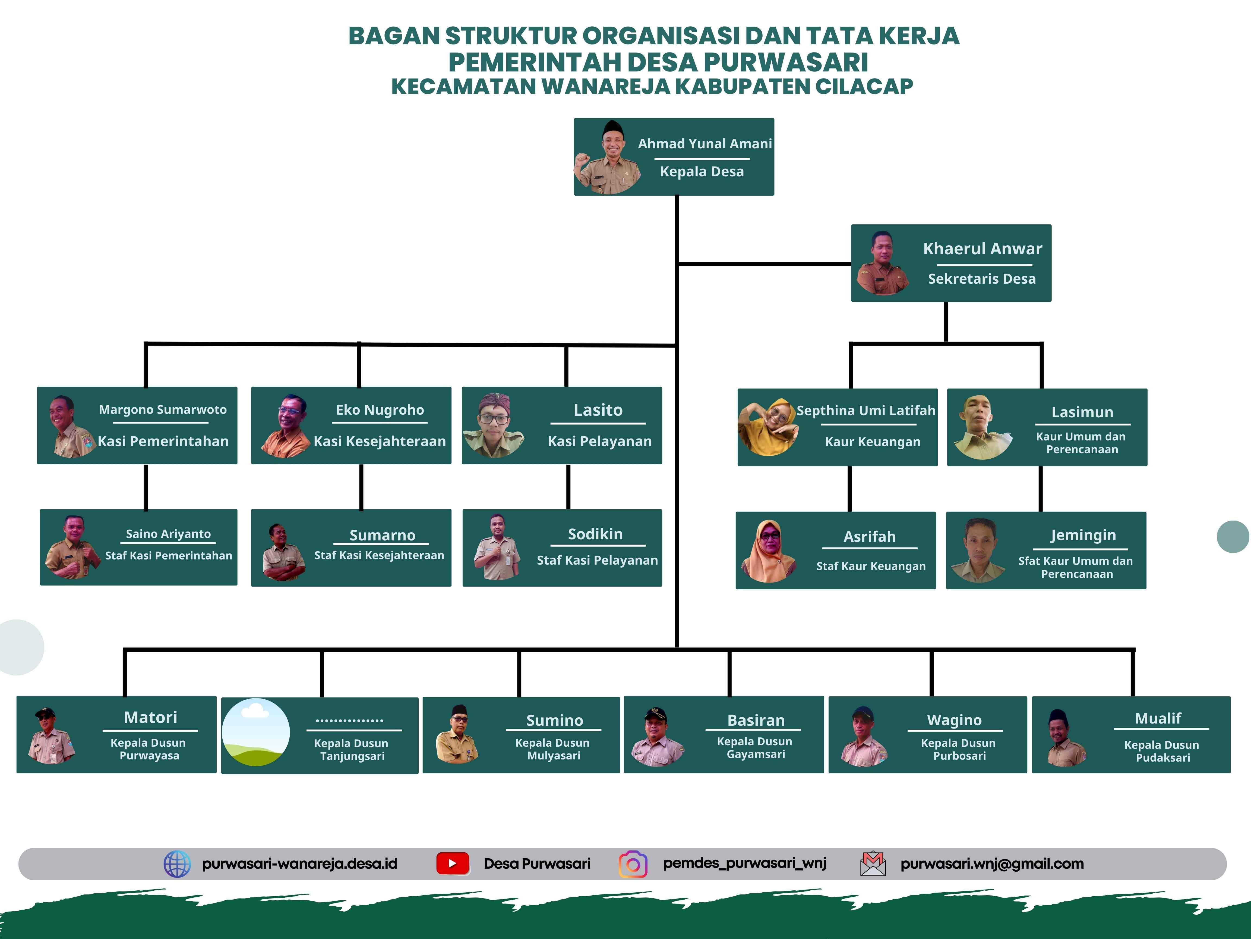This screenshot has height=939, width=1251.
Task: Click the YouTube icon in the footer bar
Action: pos(453,864)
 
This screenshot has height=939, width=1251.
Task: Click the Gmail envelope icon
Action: pos(873,864)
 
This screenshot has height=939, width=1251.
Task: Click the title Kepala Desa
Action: pos(702,171)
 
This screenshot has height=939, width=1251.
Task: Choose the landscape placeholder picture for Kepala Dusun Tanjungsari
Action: pos(256,733)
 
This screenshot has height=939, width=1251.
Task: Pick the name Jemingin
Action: pos(1083,536)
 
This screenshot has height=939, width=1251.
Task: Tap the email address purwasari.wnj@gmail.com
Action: pos(992,864)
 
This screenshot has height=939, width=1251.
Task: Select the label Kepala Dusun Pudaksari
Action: pos(1162,751)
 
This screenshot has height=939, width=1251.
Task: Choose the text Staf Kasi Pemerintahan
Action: pos(169,556)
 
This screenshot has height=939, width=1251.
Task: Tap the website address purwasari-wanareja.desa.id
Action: pos(300,864)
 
